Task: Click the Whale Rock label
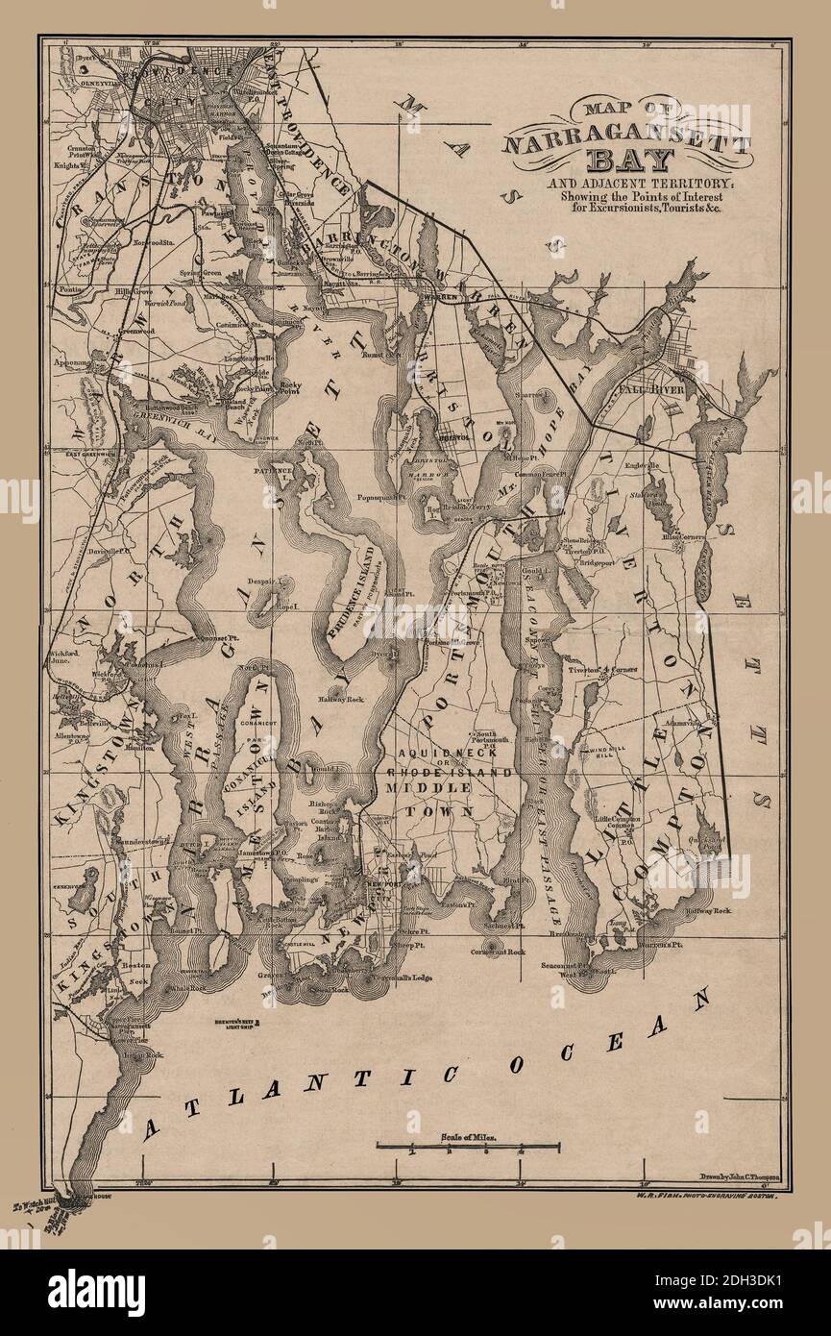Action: pos(188,987)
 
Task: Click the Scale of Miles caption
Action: pos(468,1134)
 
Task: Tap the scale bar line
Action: pos(468,1145)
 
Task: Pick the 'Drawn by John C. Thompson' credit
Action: pos(733,1180)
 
